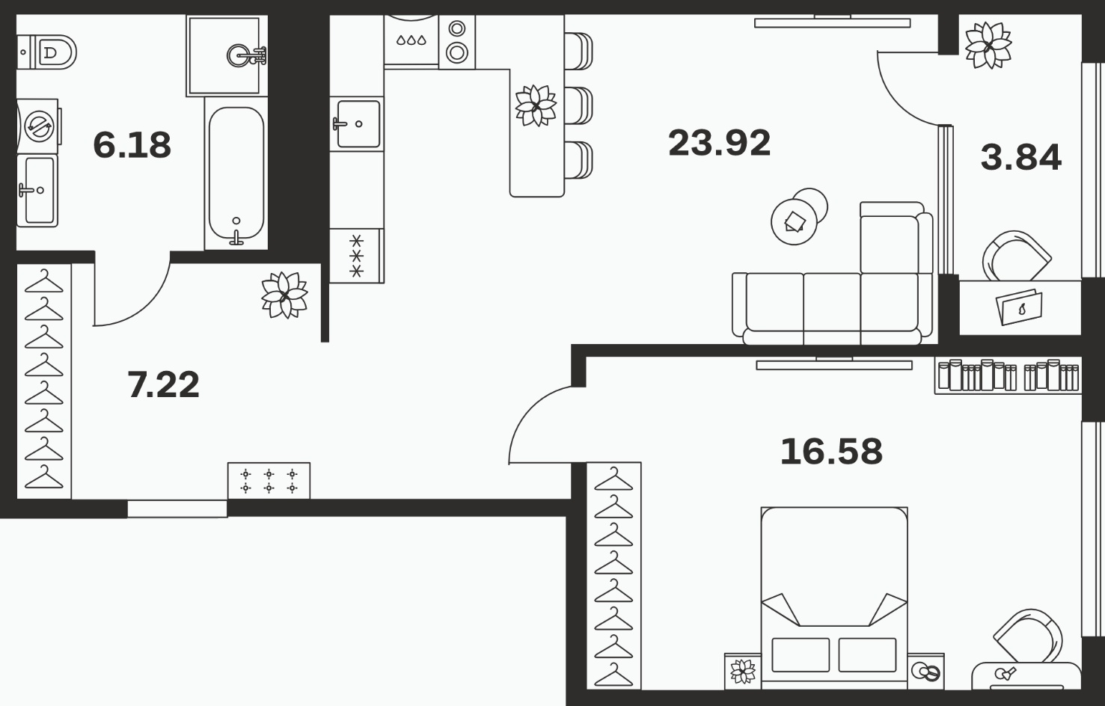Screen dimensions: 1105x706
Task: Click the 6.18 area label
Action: click(132, 145)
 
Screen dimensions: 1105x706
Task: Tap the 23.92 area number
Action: click(719, 143)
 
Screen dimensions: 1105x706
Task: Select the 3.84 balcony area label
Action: click(1020, 157)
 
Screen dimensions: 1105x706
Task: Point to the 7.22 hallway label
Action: click(163, 384)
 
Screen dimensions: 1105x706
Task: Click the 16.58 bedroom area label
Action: click(831, 451)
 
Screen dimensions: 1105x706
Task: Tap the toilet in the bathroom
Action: click(46, 52)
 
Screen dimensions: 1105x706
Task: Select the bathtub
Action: click(236, 174)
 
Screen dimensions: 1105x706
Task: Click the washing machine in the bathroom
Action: click(38, 126)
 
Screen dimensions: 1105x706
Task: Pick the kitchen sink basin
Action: click(358, 123)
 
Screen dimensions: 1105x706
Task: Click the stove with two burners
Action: click(457, 41)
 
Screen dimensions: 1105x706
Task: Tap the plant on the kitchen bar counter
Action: click(536, 105)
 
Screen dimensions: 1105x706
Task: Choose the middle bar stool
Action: click(578, 105)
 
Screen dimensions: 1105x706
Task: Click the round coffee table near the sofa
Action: click(795, 222)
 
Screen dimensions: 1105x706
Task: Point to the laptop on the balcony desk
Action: click(1020, 307)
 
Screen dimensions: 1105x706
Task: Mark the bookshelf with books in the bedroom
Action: click(1008, 376)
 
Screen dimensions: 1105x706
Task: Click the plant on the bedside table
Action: click(743, 672)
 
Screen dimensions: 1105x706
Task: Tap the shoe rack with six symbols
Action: click(269, 481)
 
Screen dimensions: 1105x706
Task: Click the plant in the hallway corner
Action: click(284, 295)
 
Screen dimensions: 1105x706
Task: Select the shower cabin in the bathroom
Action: click(224, 55)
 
